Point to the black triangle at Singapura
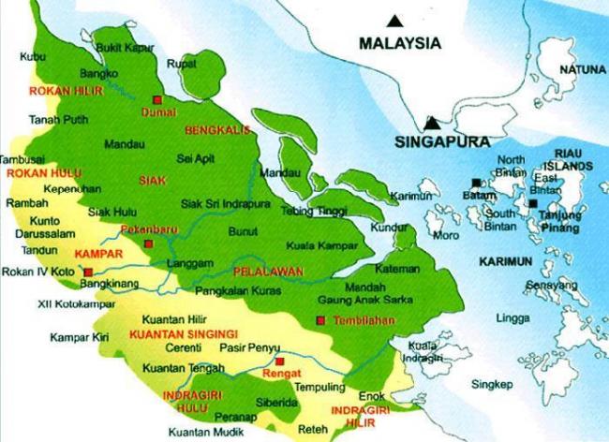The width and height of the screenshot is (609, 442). coord(432,123)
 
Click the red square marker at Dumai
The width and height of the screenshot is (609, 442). coord(158,98)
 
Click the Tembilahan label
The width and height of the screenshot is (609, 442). coord(358,321)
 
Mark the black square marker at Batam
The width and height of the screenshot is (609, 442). coord(476,182)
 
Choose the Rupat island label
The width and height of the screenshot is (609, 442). coord(179,64)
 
